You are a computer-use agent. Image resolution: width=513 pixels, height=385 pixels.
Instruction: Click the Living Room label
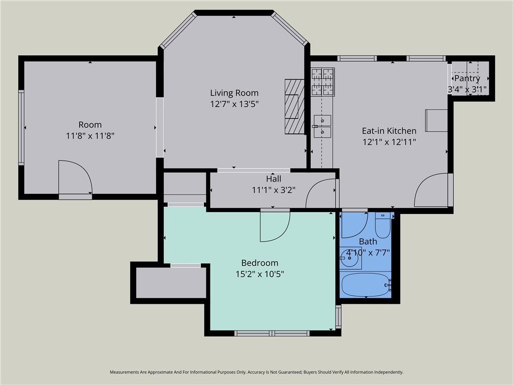(234, 93)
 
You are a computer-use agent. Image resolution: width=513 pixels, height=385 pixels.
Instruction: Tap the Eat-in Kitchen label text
(389, 131)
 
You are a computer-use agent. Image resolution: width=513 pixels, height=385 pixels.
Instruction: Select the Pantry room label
(467, 79)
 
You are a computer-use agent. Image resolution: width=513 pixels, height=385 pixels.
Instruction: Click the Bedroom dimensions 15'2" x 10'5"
(260, 274)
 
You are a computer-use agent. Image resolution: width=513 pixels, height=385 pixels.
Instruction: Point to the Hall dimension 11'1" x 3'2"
(274, 190)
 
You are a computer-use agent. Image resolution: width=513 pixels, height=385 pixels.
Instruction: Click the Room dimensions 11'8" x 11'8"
(90, 135)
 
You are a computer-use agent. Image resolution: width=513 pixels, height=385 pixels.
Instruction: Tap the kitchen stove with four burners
(323, 82)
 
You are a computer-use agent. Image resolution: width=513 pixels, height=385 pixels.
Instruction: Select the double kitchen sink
(322, 126)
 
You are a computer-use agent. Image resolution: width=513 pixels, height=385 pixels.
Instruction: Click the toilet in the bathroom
(382, 225)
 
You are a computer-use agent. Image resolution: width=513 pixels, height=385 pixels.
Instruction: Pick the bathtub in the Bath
(366, 285)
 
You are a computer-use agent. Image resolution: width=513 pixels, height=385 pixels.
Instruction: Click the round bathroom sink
(350, 258)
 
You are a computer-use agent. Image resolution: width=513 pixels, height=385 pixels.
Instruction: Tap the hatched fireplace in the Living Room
(295, 106)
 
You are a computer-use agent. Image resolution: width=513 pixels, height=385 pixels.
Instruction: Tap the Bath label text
(368, 242)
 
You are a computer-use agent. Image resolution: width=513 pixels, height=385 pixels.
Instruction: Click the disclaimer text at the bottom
(256, 372)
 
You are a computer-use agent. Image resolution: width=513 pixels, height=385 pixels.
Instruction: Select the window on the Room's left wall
(21, 128)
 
